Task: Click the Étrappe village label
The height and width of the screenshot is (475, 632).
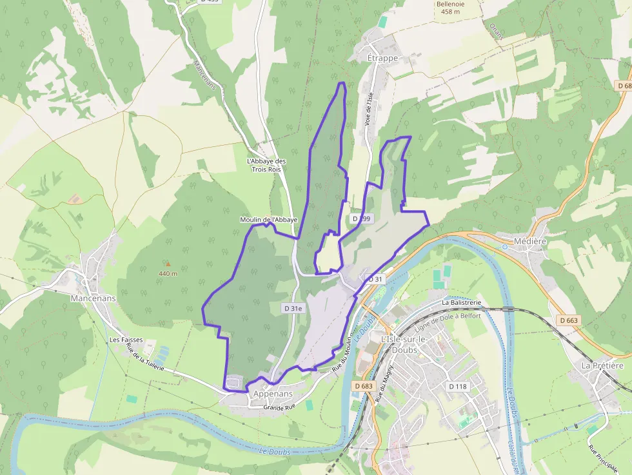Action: click(383, 58)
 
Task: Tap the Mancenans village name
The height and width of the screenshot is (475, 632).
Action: click(94, 298)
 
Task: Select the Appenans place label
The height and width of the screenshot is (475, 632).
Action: click(273, 394)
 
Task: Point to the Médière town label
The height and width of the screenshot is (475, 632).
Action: click(531, 242)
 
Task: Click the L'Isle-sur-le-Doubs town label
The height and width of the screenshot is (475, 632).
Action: click(400, 345)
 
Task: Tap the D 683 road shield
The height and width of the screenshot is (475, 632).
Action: click(364, 386)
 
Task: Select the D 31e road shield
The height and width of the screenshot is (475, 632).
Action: click(293, 309)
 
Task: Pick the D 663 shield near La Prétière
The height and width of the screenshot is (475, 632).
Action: click(569, 320)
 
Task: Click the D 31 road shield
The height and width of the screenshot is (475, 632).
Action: click(375, 278)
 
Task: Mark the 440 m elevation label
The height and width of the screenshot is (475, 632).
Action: click(168, 274)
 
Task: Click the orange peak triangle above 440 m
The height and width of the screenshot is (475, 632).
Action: click(168, 264)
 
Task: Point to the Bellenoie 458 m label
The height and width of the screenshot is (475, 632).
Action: click(450, 7)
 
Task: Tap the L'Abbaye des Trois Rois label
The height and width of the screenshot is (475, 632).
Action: click(266, 165)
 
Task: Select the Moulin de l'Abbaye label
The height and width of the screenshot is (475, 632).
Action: click(268, 220)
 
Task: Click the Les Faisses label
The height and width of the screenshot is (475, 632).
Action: click(126, 340)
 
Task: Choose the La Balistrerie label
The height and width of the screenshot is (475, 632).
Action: click(462, 302)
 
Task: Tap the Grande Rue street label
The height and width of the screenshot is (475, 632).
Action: click(279, 407)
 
